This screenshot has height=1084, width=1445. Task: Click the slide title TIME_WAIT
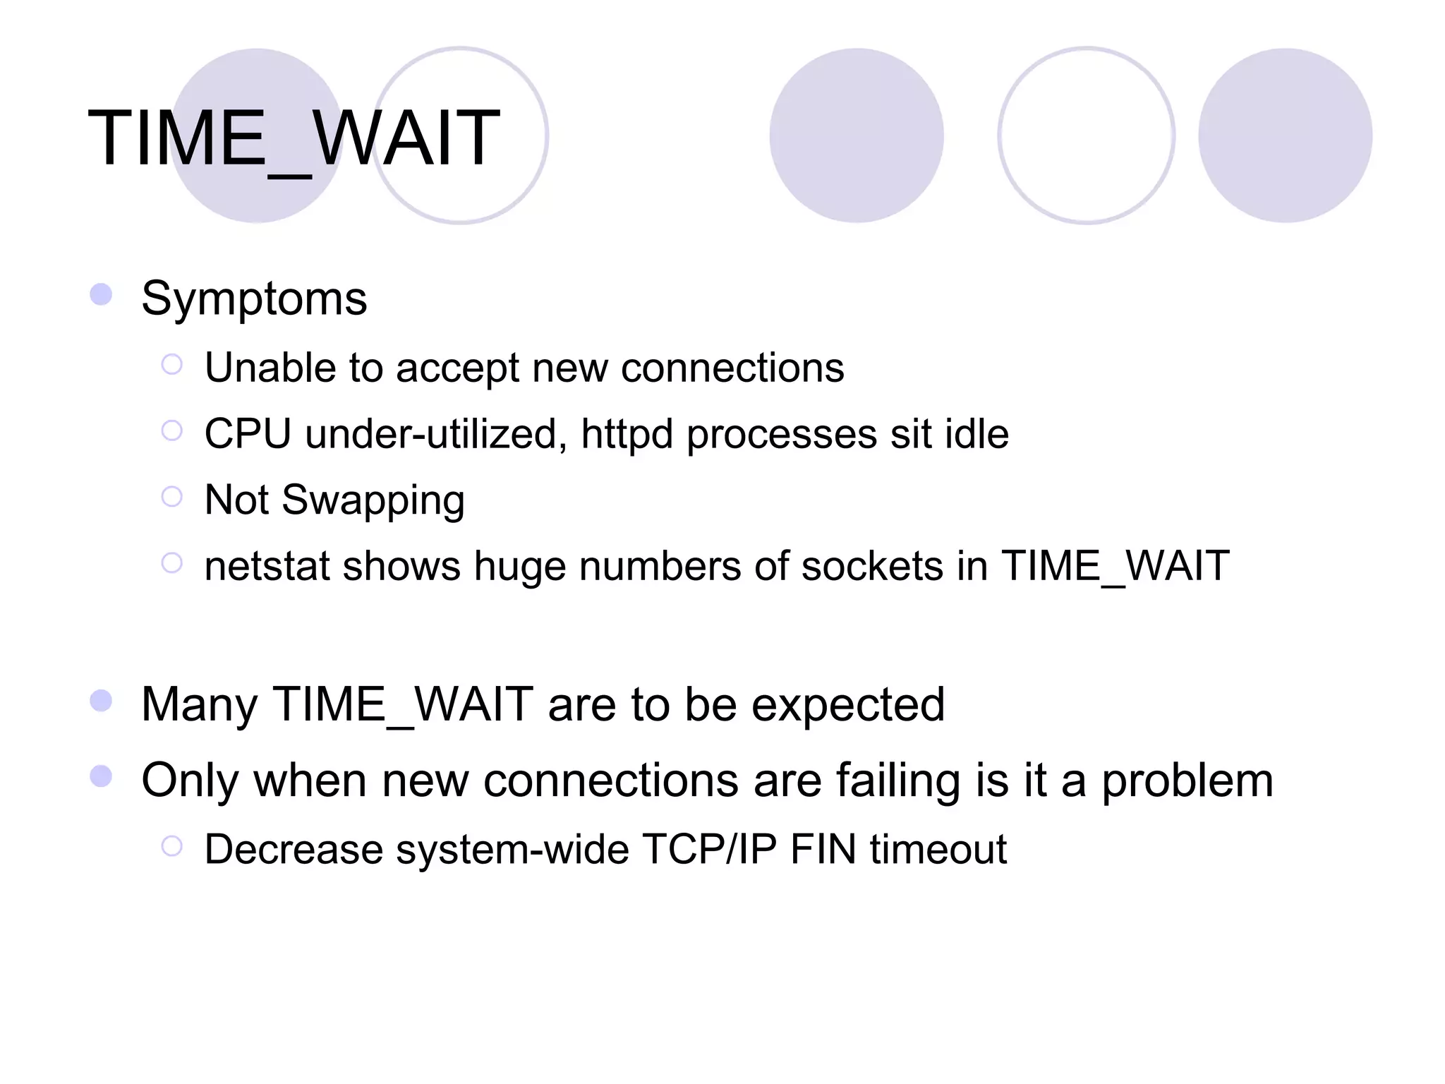294,138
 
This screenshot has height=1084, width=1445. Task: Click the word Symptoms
254,299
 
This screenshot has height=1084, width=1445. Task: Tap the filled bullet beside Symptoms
101,294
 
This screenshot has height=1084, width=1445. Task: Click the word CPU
247,433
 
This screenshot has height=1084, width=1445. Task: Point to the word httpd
627,433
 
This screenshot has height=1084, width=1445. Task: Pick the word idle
977,433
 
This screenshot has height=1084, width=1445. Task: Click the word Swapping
373,501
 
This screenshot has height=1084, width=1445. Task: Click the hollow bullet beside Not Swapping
171,497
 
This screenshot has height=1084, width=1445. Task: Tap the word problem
1187,781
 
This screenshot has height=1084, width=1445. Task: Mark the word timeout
938,849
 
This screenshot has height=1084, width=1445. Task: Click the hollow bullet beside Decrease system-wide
171,845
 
